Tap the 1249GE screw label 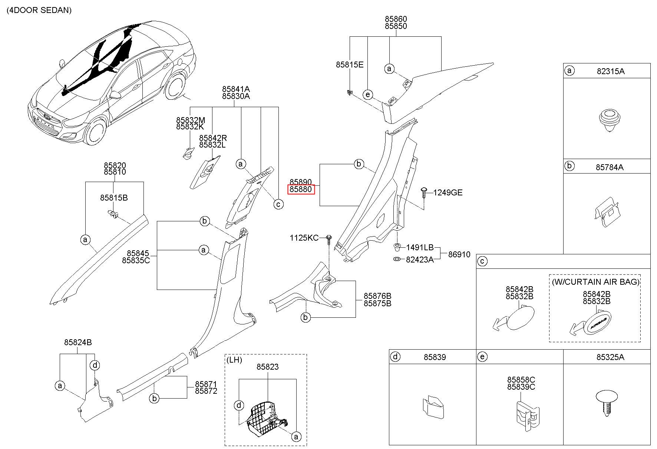(448, 192)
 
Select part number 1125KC (304, 238)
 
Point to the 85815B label (114, 198)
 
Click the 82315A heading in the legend (610, 71)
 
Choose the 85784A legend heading (610, 167)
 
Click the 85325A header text (610, 357)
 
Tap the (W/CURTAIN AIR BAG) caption (596, 282)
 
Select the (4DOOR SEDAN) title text (39, 10)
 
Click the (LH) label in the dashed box (234, 360)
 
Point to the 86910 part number (459, 254)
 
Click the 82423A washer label (420, 260)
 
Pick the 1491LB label (420, 247)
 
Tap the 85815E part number (350, 65)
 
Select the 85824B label (78, 342)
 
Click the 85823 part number (268, 367)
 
